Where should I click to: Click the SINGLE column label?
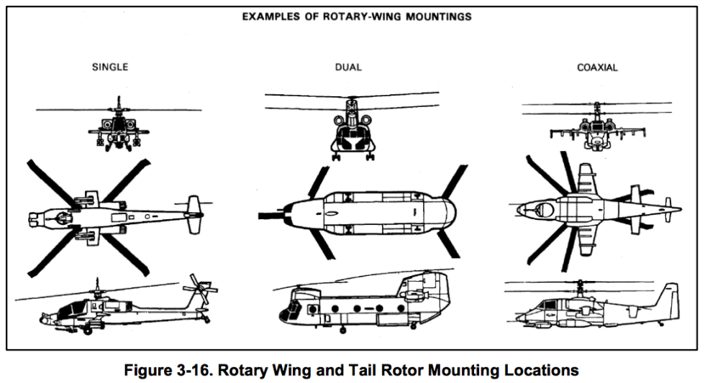(x=109, y=68)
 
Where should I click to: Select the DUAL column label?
(x=348, y=68)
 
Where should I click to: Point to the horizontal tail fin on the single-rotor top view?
(x=193, y=214)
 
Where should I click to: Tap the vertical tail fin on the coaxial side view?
(x=668, y=297)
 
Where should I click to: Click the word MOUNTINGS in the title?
(x=435, y=16)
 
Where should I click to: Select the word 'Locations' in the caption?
(x=538, y=371)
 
